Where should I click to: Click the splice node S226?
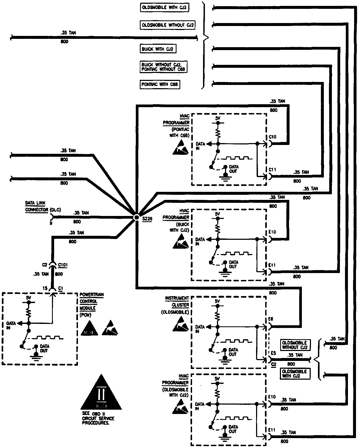click(136, 217)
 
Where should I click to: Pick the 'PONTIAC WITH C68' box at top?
click(160, 84)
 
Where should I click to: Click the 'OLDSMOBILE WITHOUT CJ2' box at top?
click(167, 25)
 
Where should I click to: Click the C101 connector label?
click(63, 265)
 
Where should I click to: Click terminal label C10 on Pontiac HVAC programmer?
click(272, 137)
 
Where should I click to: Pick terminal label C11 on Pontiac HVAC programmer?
click(272, 170)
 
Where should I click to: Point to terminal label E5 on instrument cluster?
click(273, 353)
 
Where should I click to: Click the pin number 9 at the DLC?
click(51, 223)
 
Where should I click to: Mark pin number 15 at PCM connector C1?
click(45, 288)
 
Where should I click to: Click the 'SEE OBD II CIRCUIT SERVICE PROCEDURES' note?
click(98, 418)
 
